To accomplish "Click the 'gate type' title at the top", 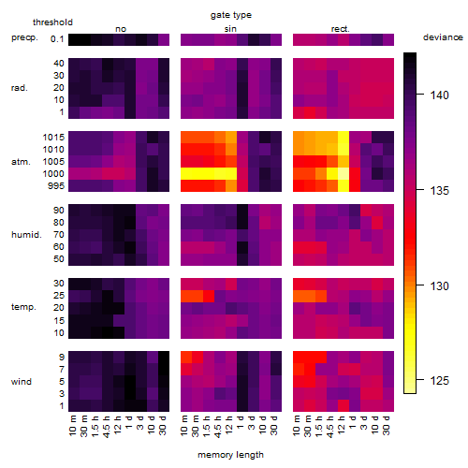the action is [231, 15].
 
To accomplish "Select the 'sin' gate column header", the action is [230, 29].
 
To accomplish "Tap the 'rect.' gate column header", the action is [340, 29].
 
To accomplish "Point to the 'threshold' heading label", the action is [52, 22].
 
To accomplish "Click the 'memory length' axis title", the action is [230, 455].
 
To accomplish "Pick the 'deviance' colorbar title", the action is [443, 37].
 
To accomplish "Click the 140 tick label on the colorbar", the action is [439, 95].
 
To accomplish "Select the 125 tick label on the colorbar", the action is [439, 380].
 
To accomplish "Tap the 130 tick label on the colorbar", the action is [439, 285].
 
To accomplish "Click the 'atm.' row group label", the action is [21, 162].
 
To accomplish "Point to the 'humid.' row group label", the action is [26, 234].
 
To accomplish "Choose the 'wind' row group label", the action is [22, 382].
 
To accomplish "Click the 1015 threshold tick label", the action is [53, 137].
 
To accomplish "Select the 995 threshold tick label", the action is [56, 186].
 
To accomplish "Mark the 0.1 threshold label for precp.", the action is [57, 39].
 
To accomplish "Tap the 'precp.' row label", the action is [24, 37].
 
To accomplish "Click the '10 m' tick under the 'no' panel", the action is [72, 425].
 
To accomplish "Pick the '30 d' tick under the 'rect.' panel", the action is [387, 425].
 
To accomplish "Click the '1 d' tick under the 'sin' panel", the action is [241, 422].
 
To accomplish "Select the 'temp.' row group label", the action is [23, 307].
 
